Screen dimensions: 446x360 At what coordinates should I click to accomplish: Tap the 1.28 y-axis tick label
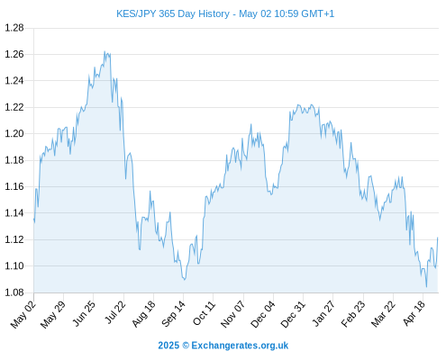[x=14, y=28]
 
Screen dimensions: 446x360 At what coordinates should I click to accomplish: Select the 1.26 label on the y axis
[x=14, y=54]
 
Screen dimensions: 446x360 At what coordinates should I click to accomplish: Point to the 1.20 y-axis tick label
[x=14, y=133]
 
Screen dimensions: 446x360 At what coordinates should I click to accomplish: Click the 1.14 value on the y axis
[x=14, y=213]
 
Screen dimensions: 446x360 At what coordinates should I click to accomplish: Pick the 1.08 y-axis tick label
[x=14, y=292]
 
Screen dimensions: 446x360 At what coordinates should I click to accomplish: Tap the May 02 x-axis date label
[x=23, y=314]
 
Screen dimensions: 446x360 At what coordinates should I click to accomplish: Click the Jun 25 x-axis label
[x=84, y=313]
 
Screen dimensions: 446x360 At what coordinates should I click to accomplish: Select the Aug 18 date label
[x=144, y=314]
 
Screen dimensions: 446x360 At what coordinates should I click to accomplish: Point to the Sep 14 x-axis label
[x=174, y=314]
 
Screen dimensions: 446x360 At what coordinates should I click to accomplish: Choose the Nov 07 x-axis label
[x=233, y=314]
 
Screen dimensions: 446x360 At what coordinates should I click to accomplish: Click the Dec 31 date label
[x=293, y=314]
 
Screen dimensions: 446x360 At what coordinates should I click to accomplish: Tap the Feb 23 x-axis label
[x=353, y=314]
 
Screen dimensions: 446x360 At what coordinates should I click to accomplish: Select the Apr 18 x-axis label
[x=414, y=313]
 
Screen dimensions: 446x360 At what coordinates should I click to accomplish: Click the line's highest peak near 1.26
[x=105, y=51]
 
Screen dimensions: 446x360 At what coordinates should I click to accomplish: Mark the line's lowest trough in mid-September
[x=185, y=280]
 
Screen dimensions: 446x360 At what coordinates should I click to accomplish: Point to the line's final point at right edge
[x=438, y=238]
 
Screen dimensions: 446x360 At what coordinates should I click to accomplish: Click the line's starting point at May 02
[x=34, y=220]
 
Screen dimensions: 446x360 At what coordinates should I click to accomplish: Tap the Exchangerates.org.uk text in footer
[x=240, y=346]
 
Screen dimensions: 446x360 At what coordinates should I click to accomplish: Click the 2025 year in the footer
[x=168, y=346]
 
